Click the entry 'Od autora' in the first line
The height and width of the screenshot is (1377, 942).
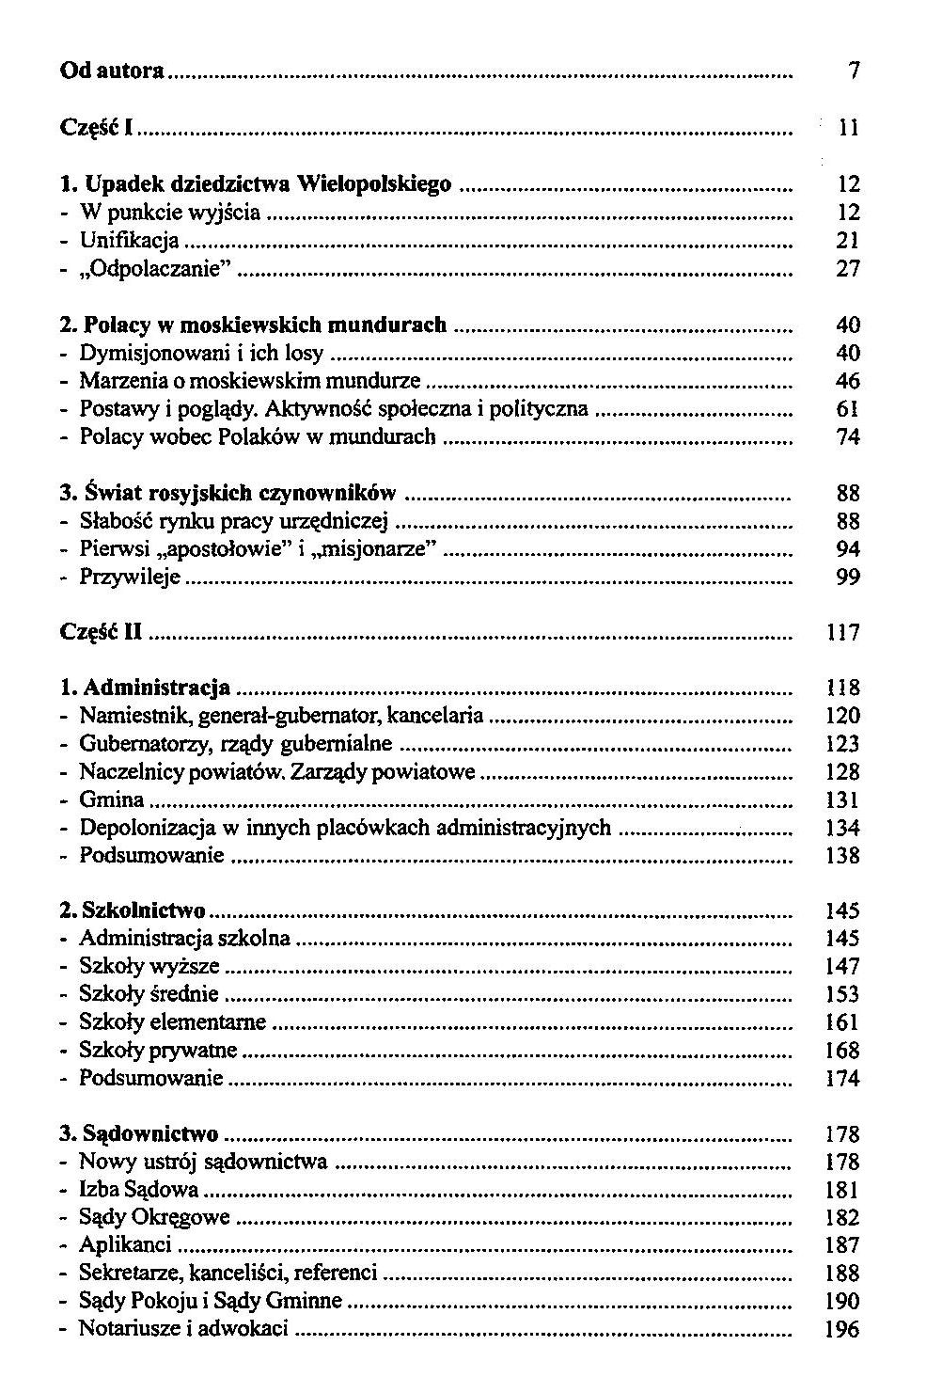pos(112,71)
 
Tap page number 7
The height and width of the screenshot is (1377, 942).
pos(854,71)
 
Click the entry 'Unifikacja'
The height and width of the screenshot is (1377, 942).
pos(129,241)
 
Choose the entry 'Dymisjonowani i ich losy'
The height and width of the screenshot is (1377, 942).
pos(201,353)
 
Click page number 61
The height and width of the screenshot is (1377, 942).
pos(848,409)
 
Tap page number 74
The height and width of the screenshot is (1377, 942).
pos(848,436)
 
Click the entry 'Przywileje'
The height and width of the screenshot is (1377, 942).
pos(129,577)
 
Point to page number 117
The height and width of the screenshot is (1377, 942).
pos(843,633)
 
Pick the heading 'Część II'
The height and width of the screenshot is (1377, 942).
pos(101,632)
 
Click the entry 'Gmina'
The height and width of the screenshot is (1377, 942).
pos(112,799)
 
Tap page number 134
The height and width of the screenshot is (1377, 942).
pos(843,828)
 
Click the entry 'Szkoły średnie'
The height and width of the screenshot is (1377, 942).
pos(149,994)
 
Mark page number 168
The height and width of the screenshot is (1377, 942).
pos(843,1051)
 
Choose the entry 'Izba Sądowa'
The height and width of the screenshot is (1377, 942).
pos(138,1190)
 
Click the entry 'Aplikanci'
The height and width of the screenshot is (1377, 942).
pos(125,1245)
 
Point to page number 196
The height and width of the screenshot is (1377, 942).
pos(843,1329)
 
